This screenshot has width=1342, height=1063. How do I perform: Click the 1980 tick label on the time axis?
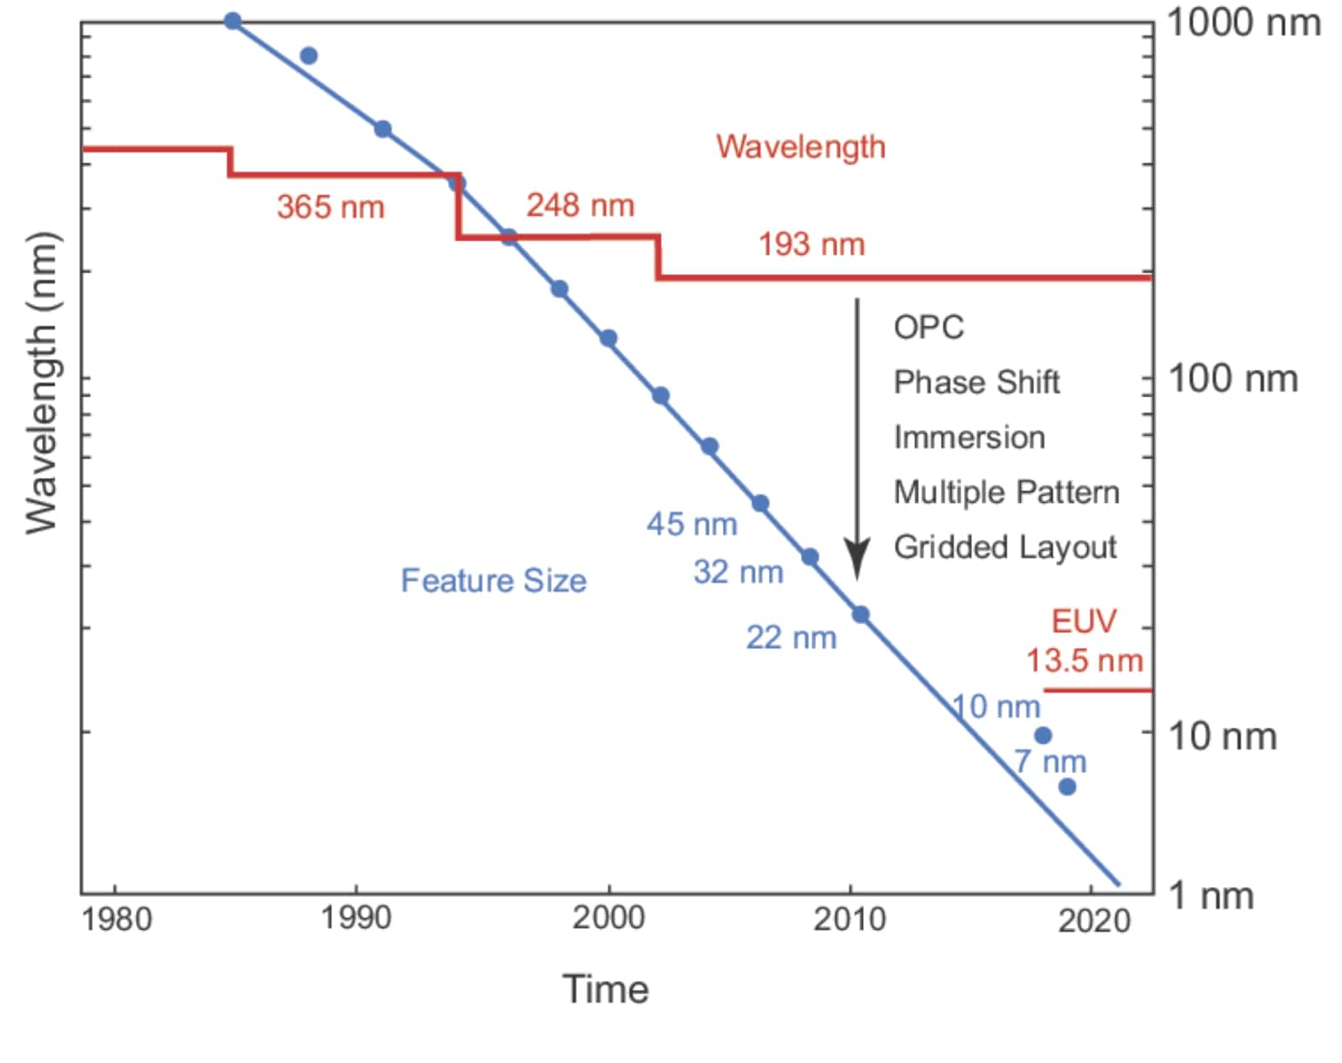[x=117, y=920]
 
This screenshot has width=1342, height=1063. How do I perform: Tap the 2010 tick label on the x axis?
[x=849, y=920]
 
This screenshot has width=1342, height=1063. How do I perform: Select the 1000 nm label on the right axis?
[x=1243, y=23]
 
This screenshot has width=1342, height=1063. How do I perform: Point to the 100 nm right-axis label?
[x=1232, y=380]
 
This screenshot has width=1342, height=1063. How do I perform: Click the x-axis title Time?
[x=605, y=989]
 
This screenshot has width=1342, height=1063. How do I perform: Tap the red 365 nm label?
[x=330, y=207]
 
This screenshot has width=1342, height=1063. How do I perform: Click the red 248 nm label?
[x=580, y=205]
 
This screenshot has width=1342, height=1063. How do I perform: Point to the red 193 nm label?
[x=811, y=245]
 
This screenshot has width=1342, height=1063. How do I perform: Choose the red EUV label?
[x=1084, y=621]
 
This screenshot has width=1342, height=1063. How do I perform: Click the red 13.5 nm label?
[x=1085, y=661]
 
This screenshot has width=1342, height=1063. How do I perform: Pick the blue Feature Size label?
[x=493, y=581]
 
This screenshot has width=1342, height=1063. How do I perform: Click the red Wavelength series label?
[x=800, y=148]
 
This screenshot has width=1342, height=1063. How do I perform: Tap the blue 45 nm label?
[x=691, y=525]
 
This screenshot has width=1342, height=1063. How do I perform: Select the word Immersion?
[x=969, y=438]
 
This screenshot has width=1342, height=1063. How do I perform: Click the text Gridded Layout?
[x=1005, y=547]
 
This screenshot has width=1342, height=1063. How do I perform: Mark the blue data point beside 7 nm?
[x=1067, y=786]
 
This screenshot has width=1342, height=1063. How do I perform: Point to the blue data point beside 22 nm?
[x=861, y=614]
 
